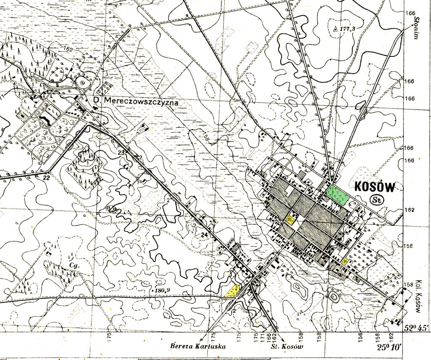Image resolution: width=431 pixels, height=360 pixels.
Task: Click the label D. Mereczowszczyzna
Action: [x=137, y=102]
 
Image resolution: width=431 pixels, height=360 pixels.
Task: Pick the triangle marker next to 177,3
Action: [x=335, y=29]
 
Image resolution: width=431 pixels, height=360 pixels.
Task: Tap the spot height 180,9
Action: [x=164, y=291]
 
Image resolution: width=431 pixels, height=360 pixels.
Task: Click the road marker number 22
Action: [x=46, y=177]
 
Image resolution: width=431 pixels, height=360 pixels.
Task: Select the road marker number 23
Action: [x=122, y=152]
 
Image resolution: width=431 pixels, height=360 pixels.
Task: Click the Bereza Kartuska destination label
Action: [x=198, y=347]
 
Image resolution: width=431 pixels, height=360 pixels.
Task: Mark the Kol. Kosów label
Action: [x=418, y=296]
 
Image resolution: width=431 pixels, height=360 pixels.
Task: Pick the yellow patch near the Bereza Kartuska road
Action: [x=232, y=290]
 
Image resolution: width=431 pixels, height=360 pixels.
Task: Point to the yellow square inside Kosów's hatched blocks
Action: [x=290, y=219]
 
